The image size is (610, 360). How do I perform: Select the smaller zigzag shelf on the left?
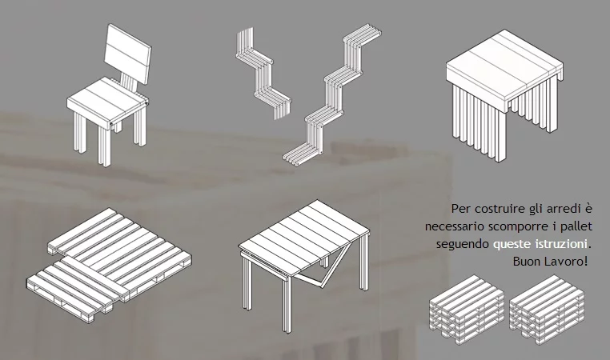[x=260, y=72]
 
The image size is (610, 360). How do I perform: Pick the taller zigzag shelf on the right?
[x=336, y=92]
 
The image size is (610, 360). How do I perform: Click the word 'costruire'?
[x=497, y=209]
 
